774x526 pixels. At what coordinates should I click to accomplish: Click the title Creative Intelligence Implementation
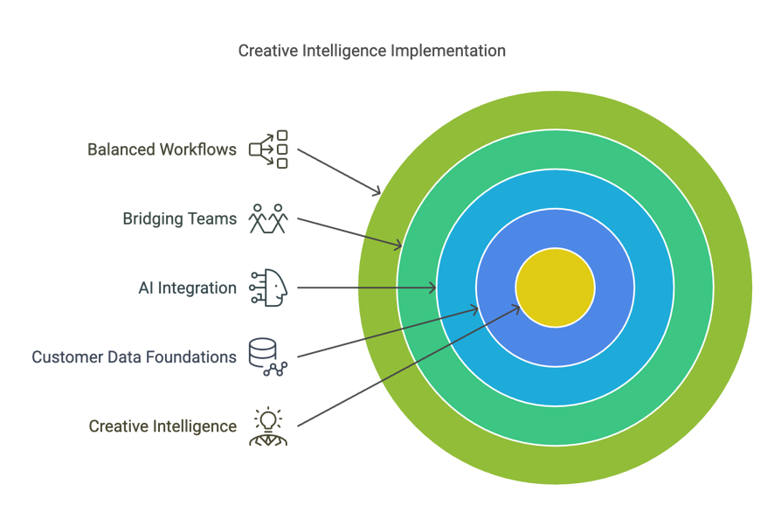point(371,51)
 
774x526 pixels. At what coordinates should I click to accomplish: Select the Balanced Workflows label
point(162,149)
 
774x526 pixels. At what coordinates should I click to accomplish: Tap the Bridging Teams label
point(180,218)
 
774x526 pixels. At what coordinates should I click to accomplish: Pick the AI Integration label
point(188,288)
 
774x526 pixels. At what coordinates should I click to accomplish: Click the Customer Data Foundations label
point(135,357)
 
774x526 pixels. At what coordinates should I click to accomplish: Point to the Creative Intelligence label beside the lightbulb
point(162,426)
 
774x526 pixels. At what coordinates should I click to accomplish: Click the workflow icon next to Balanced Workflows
point(268,149)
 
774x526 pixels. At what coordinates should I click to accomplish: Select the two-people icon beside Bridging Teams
point(268,218)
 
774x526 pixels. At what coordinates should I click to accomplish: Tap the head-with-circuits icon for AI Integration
point(268,288)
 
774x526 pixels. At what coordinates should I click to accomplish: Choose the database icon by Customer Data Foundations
point(268,357)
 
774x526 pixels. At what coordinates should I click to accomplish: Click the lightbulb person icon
point(268,426)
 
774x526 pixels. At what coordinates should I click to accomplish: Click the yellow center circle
point(556,287)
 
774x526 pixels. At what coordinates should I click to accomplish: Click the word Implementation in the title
point(448,52)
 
